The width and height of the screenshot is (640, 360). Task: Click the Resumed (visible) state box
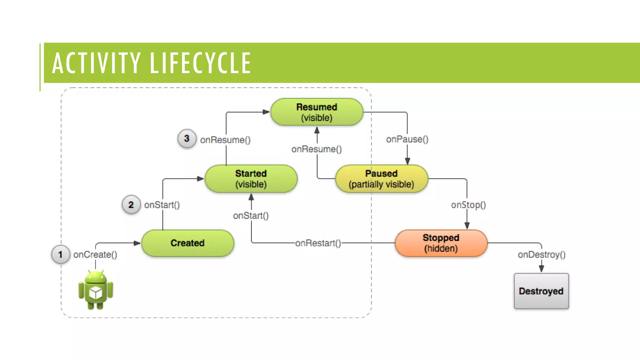pyautogui.click(x=317, y=112)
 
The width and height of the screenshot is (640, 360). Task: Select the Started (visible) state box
pyautogui.click(x=251, y=179)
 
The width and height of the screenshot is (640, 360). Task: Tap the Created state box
pyautogui.click(x=187, y=243)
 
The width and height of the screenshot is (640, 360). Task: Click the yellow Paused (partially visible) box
pyautogui.click(x=381, y=179)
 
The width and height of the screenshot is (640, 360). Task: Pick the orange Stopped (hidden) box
pyautogui.click(x=441, y=243)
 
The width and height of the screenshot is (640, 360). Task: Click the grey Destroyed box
pyautogui.click(x=541, y=291)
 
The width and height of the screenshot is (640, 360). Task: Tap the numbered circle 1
pyautogui.click(x=61, y=254)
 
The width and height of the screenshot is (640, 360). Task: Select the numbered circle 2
pyautogui.click(x=131, y=205)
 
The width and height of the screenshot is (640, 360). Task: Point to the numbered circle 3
pyautogui.click(x=187, y=138)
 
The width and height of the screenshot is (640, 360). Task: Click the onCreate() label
pyautogui.click(x=95, y=255)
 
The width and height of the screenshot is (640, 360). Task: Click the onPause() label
pyautogui.click(x=407, y=139)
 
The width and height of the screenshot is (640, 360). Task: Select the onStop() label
pyautogui.click(x=468, y=205)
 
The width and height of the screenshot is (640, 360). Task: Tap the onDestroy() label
pyautogui.click(x=542, y=255)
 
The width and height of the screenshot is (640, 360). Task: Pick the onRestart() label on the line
pyautogui.click(x=318, y=243)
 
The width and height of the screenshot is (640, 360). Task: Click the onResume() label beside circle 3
pyautogui.click(x=225, y=140)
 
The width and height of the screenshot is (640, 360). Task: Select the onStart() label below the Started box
pyautogui.click(x=251, y=216)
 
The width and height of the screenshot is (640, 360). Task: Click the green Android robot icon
pyautogui.click(x=96, y=290)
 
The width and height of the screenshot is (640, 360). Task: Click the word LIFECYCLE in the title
pyautogui.click(x=200, y=63)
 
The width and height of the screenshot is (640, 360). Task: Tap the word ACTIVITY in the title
pyautogui.click(x=96, y=63)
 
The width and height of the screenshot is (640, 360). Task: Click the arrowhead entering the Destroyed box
pyautogui.click(x=542, y=268)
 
